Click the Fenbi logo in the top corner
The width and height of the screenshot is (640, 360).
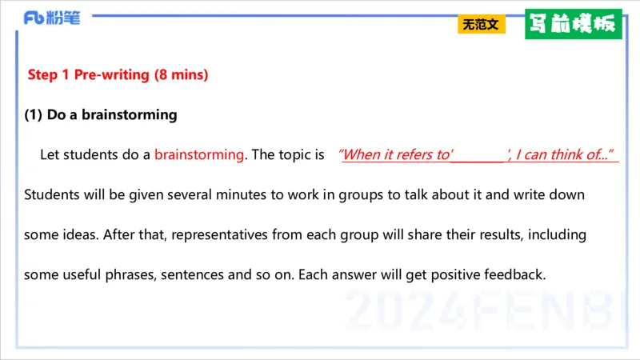coord(51,18)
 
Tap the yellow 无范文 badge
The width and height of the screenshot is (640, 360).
coord(481,25)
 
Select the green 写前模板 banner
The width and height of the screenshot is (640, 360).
coord(573,24)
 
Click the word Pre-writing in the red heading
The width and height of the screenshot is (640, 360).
coord(111,75)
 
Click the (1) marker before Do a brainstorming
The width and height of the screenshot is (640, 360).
coord(33,114)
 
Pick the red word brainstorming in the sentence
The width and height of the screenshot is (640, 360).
coord(198,154)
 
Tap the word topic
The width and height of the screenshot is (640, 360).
coord(290,154)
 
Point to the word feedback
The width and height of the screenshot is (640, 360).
coord(514,275)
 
